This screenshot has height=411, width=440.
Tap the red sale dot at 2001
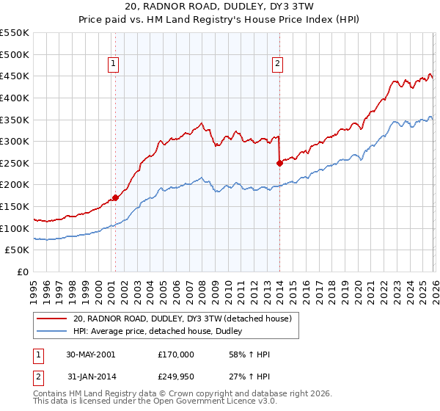coord(115,197)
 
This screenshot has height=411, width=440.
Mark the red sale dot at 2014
coord(279,163)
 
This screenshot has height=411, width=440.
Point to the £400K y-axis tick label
coord(15,98)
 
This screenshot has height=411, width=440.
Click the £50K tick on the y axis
coord(18,250)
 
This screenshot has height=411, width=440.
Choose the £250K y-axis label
coord(15,163)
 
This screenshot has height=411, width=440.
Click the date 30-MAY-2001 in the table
coord(89,354)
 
